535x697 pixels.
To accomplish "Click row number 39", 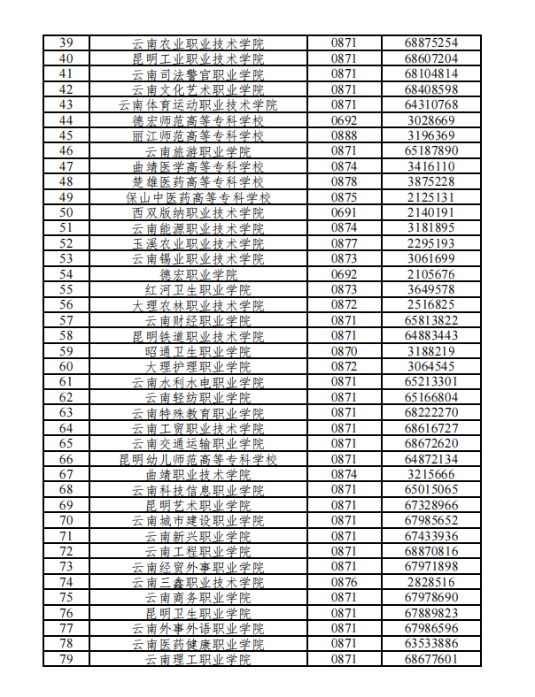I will click(66, 43).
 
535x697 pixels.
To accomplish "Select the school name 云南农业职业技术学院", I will click(198, 43).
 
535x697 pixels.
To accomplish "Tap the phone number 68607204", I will click(431, 58).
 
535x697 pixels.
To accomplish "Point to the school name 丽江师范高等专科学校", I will click(198, 135).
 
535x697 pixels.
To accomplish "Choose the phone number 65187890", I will click(431, 151).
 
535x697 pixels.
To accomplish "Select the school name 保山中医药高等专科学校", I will click(198, 197).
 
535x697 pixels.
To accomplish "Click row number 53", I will click(66, 258).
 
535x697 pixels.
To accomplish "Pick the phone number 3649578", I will click(431, 289).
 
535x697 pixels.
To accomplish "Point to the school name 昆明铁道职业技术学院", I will click(198, 335).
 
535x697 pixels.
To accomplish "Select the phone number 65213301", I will click(431, 382).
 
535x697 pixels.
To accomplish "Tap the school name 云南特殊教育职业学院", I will click(198, 413).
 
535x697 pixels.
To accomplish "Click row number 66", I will click(66, 459).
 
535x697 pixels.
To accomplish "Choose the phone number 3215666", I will click(431, 474).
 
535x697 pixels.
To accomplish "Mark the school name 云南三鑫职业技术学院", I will click(198, 582).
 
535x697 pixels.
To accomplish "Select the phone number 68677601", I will click(431, 660).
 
